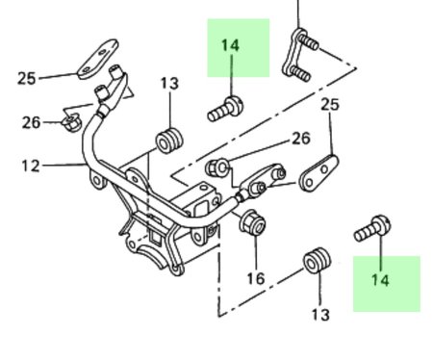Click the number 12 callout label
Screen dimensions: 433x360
(x=31, y=166)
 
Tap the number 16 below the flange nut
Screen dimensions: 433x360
(x=256, y=278)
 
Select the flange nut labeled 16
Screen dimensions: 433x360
(x=253, y=223)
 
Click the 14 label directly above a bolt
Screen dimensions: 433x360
(x=230, y=45)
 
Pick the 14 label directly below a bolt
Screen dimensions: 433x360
(x=380, y=280)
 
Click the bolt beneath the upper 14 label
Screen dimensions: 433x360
(x=225, y=108)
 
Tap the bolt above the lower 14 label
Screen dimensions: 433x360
(x=372, y=228)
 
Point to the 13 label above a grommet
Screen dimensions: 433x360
(x=169, y=83)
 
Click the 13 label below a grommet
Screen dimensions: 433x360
(x=320, y=315)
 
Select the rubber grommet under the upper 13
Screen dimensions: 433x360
(x=169, y=141)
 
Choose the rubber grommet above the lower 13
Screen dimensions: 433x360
(x=317, y=260)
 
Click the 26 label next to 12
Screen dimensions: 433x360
(x=31, y=122)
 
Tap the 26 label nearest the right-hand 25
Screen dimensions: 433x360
(x=301, y=139)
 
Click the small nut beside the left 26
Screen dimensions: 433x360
(x=71, y=122)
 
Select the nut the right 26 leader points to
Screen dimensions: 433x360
(x=217, y=167)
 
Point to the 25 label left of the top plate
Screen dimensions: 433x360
(x=26, y=78)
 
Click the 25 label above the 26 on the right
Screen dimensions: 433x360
(x=330, y=105)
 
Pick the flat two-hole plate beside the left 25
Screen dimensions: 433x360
(x=97, y=60)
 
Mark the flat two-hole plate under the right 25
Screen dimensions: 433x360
(x=318, y=173)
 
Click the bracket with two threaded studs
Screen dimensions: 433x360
(x=297, y=55)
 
